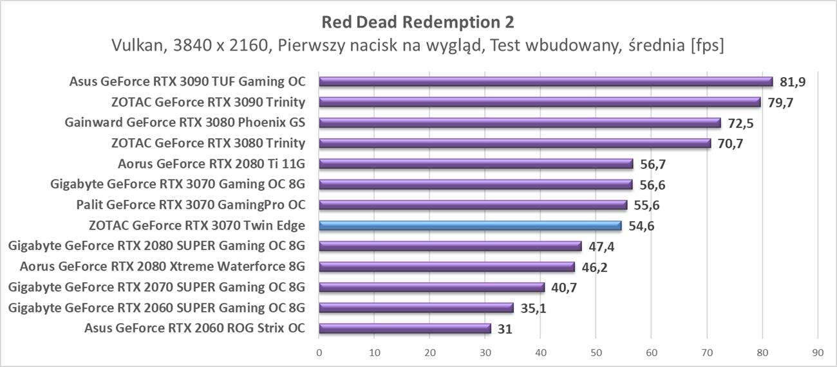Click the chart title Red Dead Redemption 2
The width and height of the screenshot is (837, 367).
coord(418,22)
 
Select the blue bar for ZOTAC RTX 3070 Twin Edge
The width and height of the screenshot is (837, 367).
coord(470,226)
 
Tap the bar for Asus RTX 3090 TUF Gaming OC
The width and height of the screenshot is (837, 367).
coord(545,82)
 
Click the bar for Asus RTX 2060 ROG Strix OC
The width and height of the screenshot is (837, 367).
coord(404,328)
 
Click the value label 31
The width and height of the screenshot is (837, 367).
coord(505,328)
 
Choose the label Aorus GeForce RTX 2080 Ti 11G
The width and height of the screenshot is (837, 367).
coord(211,164)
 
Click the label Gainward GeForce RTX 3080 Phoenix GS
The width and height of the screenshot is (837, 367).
coord(185,123)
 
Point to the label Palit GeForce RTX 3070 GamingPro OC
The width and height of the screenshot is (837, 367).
coord(190,205)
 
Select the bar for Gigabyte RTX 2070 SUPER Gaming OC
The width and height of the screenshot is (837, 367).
coord(431,287)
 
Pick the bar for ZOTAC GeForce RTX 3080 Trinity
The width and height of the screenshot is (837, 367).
coord(514,143)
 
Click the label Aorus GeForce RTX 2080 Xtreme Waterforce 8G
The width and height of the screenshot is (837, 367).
coord(162,267)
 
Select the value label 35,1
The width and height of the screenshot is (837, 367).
coord(533,308)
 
